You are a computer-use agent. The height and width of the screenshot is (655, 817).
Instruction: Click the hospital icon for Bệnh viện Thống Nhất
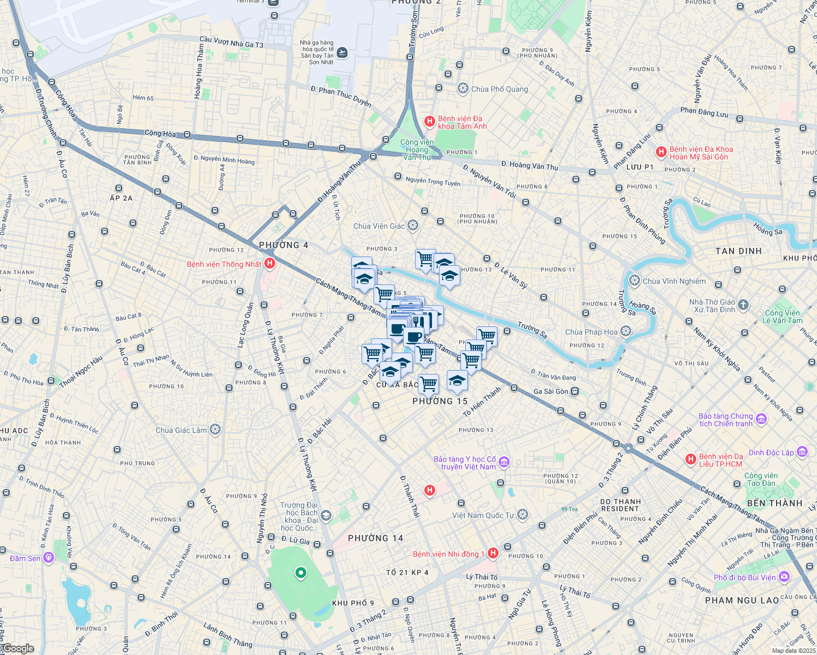[269, 264]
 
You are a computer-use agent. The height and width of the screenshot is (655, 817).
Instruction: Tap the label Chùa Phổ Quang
[499, 89]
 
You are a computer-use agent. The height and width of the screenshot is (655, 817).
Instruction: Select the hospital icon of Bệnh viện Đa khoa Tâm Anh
[430, 121]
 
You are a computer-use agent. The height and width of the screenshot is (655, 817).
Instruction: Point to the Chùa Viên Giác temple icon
[413, 225]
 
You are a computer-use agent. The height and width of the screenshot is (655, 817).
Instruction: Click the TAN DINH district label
[738, 251]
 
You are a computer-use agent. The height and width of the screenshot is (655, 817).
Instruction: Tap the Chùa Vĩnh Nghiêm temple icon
[634, 281]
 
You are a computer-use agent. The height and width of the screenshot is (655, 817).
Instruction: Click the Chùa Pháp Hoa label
[591, 332]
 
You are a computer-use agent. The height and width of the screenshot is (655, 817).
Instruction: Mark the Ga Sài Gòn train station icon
[575, 391]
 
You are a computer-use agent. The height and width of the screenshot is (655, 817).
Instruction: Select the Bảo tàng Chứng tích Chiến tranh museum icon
[761, 419]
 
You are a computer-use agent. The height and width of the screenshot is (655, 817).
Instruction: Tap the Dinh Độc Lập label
[771, 452]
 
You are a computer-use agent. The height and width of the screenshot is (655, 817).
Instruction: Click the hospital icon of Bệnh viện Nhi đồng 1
[493, 553]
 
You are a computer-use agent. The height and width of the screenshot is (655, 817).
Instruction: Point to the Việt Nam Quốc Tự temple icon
[523, 515]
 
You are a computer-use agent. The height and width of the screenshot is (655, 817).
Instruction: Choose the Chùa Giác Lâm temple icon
[215, 430]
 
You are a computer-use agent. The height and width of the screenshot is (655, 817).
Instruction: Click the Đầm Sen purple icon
[49, 558]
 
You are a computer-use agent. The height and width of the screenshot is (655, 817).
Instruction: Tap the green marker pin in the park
[300, 573]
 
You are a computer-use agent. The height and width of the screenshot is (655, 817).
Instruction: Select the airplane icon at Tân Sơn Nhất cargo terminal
[342, 52]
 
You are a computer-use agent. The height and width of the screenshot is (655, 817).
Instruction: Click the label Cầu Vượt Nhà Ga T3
[231, 42]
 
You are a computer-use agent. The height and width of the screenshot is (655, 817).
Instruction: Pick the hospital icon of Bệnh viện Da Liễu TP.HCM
[691, 460]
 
